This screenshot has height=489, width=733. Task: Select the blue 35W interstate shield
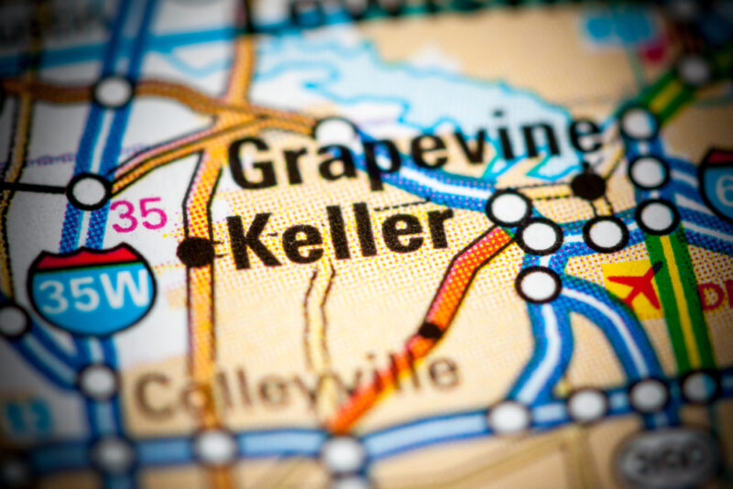coord(92,288)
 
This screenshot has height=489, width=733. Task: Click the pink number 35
coord(139,215)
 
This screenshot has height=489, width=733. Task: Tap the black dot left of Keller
coord(195,251)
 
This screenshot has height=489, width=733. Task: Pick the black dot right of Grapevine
coord(588,186)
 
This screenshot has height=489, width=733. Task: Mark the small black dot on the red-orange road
coord(430,330)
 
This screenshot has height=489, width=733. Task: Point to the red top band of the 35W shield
coord(92,258)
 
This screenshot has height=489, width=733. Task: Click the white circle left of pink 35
coord(89,191)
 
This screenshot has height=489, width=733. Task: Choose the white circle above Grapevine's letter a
coord(335,131)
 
